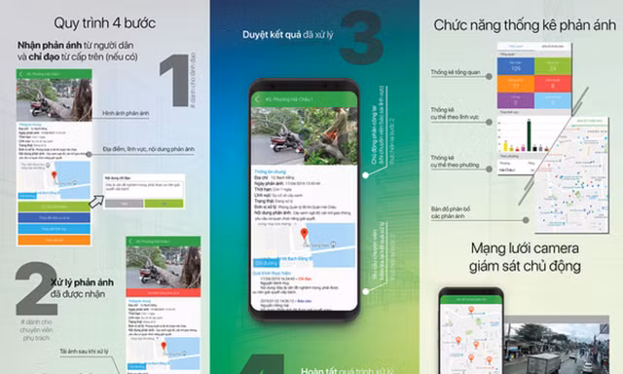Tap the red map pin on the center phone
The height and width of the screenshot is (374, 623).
pyautogui.click(x=305, y=235)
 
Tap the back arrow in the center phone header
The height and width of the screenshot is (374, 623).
pyautogui.click(x=258, y=99)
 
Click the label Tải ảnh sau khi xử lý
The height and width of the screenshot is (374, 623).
pyautogui.click(x=88, y=351)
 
